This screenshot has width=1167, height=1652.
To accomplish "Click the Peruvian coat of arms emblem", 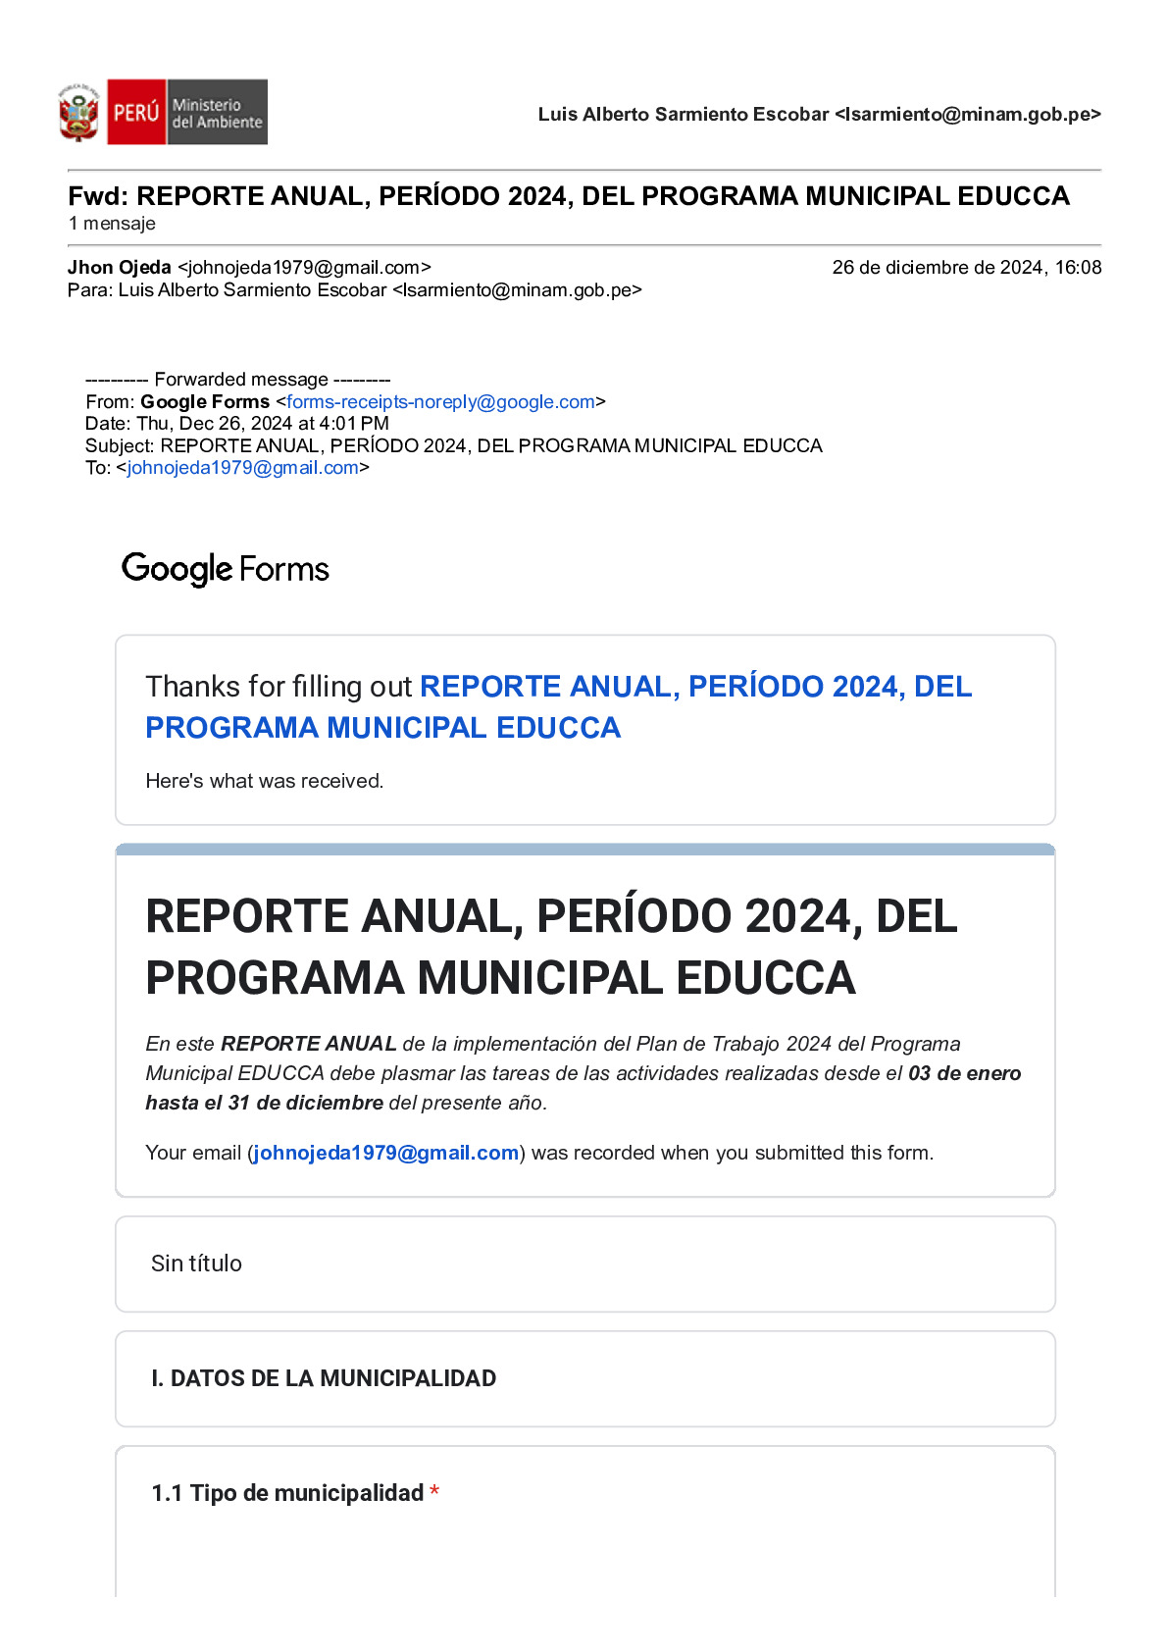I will point(78,113).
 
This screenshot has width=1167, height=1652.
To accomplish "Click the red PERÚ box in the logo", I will point(135,112).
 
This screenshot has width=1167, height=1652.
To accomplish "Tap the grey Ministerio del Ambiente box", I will point(217,113).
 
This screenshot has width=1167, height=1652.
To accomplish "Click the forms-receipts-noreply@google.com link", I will point(440,402).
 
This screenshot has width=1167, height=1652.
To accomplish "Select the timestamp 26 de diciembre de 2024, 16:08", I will point(966,268).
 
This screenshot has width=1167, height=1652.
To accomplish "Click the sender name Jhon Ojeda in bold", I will point(119,268).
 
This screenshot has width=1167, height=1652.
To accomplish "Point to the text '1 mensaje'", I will point(112,224).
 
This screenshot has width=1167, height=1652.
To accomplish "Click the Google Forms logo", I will point(225,569).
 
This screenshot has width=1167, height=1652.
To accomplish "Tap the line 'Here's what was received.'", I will point(264,781).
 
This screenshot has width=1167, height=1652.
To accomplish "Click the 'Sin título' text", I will point(196,1264).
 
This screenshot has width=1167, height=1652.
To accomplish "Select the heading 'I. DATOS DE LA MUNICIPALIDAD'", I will point(324,1378).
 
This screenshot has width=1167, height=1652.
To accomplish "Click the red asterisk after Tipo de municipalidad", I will point(434,1493).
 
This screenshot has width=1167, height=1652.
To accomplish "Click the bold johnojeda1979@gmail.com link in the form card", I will point(385,1153).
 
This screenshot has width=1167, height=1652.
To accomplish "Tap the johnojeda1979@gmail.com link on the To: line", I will point(242,468).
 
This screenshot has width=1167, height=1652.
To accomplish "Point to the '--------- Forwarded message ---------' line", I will point(237,380).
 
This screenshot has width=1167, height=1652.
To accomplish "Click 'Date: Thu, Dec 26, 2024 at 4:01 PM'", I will point(237,424).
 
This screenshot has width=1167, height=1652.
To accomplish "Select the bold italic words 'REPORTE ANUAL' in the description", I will point(308,1044).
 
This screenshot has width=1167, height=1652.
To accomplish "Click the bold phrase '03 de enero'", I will point(964,1073).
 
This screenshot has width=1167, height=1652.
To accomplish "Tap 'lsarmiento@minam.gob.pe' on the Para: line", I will point(517,290).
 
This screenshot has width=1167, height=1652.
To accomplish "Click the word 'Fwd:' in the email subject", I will point(98,196).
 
